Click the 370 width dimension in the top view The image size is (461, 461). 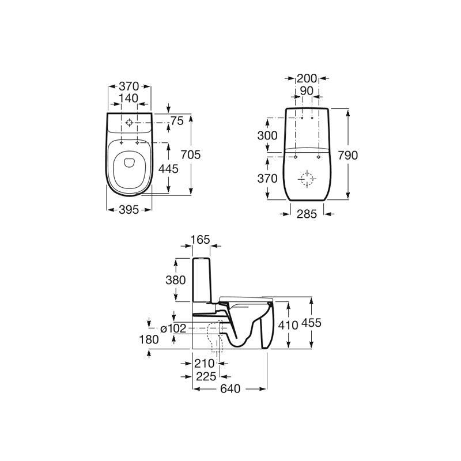coord(129,86)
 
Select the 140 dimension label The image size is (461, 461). coord(129,98)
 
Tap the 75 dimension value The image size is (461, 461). coord(177,121)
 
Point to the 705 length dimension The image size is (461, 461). coord(191,154)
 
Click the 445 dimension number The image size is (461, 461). coord(168,169)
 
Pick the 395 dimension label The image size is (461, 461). coord(129,210)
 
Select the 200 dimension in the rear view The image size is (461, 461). coord(307,78)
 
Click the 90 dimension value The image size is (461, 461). coord(307,91)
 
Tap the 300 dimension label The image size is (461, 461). coord(267,135)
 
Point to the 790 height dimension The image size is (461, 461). coord(348,155)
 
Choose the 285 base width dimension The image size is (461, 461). coord(307,214)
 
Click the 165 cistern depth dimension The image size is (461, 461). coord(200,240)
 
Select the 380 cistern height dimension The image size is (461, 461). coord(176,280)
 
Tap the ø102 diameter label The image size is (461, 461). coord(173,328)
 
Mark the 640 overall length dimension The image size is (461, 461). coord(230,388)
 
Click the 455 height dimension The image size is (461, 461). coord(311,323)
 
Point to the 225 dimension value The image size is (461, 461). coord(206,376)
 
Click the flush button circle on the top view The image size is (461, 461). coord(129,123)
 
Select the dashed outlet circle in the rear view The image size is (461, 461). coord(307,179)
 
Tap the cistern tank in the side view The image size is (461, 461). coord(201,280)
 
